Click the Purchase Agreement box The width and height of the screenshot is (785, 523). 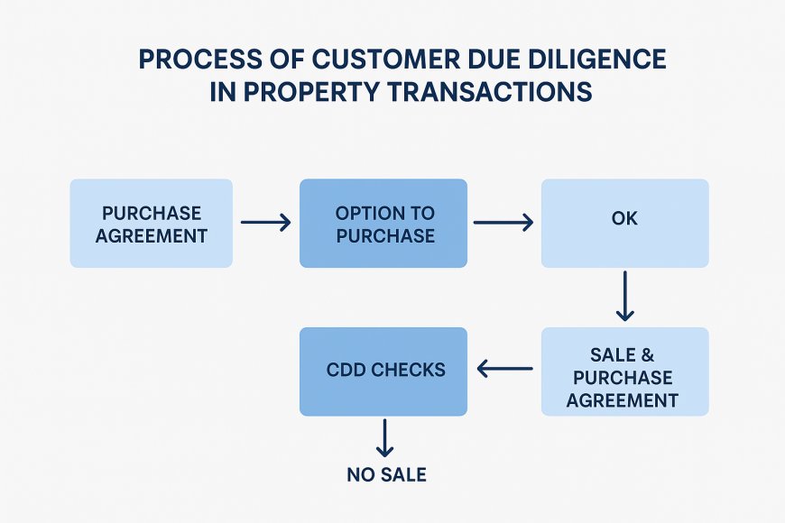(152, 224)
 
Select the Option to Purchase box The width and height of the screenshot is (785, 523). (383, 224)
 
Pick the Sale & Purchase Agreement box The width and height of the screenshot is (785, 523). (624, 372)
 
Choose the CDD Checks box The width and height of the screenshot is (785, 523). (383, 371)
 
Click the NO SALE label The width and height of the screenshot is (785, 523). (386, 474)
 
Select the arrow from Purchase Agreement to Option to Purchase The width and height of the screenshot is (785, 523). (265, 222)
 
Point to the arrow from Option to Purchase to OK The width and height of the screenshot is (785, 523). (503, 222)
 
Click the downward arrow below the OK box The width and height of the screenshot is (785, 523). (625, 298)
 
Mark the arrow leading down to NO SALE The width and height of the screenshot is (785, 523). (385, 438)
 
